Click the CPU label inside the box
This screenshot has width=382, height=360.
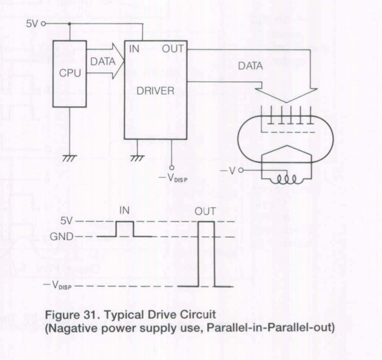70,73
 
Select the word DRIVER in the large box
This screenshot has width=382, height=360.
156,91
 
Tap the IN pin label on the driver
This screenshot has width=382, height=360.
134,49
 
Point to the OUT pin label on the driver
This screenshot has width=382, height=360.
172,49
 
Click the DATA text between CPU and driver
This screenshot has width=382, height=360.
103,61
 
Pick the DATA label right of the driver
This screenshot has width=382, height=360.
250,66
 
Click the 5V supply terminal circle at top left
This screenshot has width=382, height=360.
43,24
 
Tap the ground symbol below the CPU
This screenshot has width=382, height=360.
70,159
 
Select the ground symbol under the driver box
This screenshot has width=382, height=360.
137,159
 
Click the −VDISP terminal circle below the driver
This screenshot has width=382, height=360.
172,168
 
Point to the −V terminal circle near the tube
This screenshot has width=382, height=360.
241,170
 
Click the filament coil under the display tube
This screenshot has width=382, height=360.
287,180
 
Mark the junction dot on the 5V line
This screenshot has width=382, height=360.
70,24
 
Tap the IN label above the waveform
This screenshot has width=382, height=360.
124,210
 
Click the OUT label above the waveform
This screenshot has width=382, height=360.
205,211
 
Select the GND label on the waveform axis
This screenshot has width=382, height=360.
62,236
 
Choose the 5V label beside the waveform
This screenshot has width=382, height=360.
66,221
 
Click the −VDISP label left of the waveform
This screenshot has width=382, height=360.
57,285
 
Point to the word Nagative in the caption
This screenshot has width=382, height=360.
73,328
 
